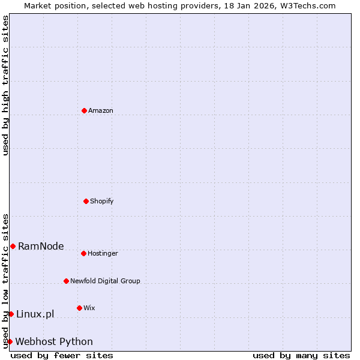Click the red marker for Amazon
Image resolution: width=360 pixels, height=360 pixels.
pos(84,110)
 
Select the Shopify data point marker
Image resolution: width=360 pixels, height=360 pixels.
pos(86,201)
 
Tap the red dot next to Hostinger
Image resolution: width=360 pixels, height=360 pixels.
pos(83,253)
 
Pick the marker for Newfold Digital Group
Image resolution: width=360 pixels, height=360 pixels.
pos(66,281)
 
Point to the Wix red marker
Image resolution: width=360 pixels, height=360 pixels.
pos(79,308)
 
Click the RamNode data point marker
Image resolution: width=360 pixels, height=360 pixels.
pos(13,246)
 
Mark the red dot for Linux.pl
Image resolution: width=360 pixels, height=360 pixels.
pos(11,314)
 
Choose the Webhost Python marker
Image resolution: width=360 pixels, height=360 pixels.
pos(10,341)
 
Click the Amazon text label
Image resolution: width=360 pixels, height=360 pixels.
pos(101,110)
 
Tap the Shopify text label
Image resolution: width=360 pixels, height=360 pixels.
pos(102,201)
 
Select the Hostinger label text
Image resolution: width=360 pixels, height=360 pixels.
pos(103,253)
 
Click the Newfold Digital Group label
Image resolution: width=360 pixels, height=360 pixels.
pos(105,281)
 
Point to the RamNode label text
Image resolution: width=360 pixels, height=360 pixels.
pos(41,246)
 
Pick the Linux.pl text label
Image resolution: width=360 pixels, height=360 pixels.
pos(35,314)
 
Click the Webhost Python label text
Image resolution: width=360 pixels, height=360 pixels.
pos(54,341)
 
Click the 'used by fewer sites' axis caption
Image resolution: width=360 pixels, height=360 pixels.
pos(62,355)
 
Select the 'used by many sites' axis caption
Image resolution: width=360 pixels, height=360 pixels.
pos(301,355)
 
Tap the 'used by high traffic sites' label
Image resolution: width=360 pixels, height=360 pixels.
pos(5,85)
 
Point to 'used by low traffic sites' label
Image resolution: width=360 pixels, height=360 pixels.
pos(5,281)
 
